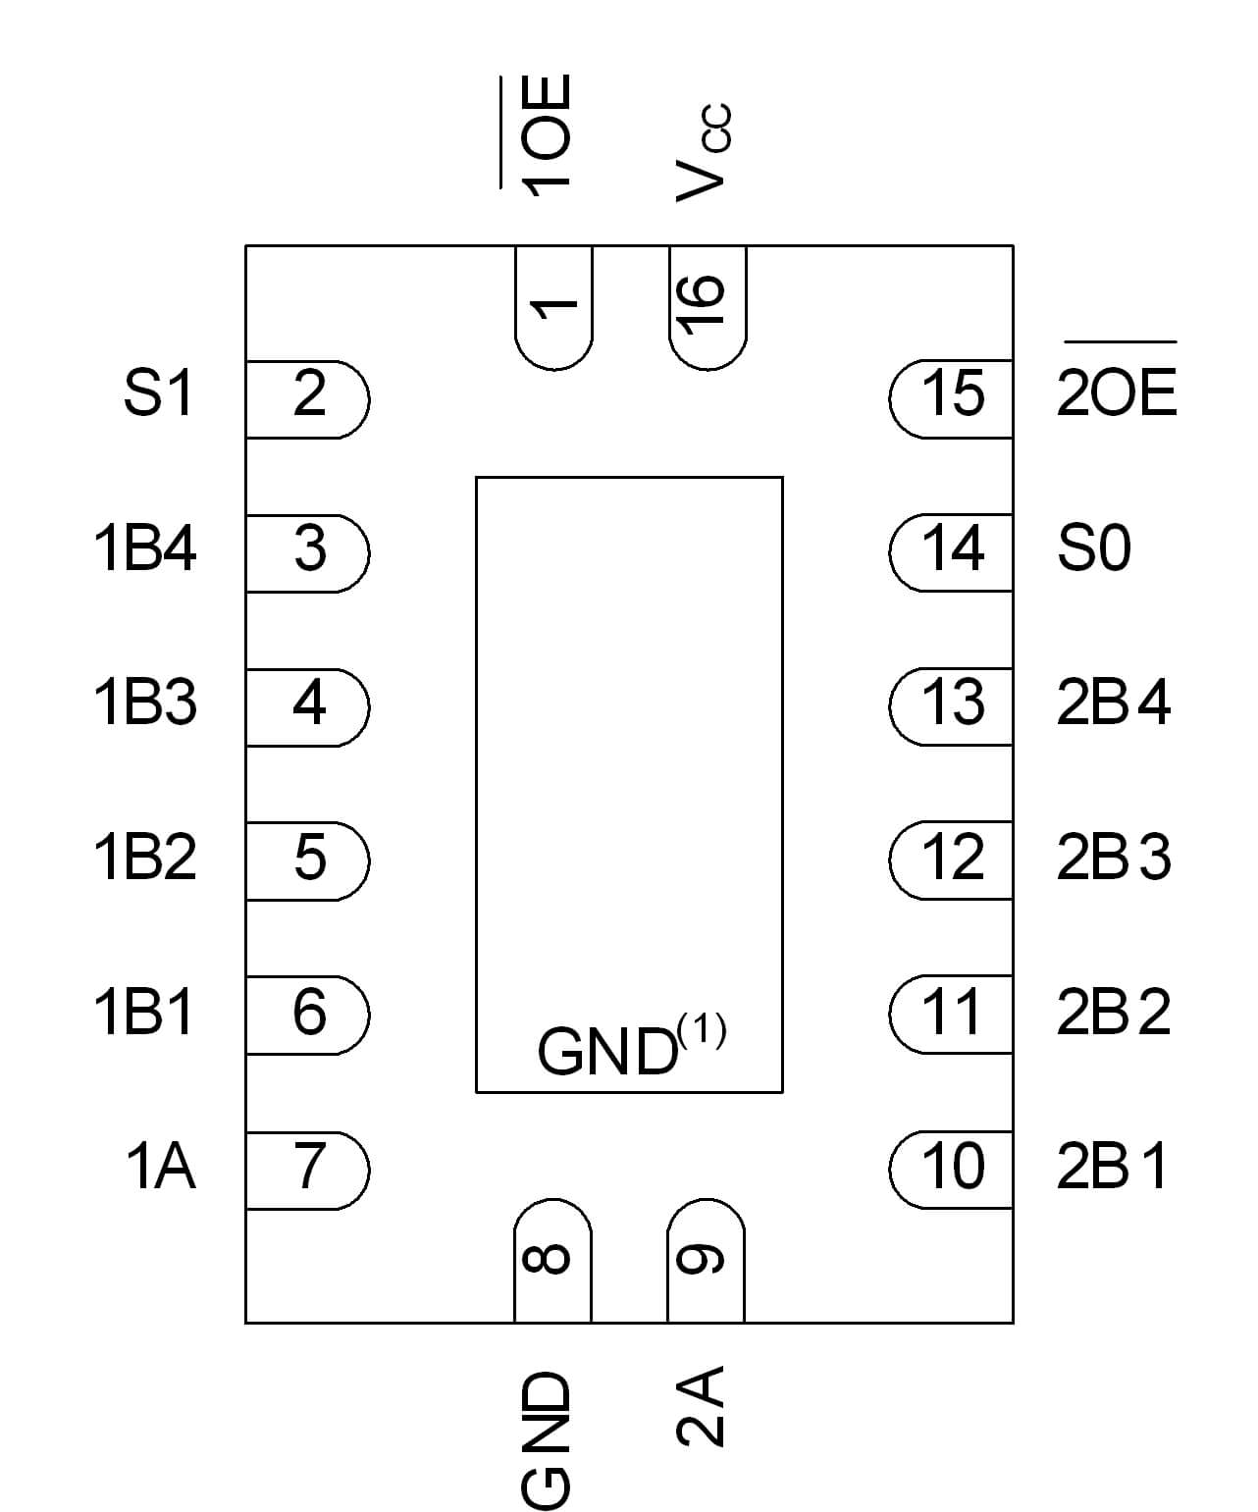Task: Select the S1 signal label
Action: pyautogui.click(x=159, y=393)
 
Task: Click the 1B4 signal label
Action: pyautogui.click(x=145, y=547)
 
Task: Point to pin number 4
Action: pyautogui.click(x=308, y=704)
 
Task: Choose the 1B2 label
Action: pyautogui.click(x=145, y=857)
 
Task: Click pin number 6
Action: pyautogui.click(x=308, y=1013)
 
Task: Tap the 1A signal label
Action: pyautogui.click(x=161, y=1167)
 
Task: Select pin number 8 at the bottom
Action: pyautogui.click(x=552, y=1260)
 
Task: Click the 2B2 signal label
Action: pyautogui.click(x=1114, y=1013)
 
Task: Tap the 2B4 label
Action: pyautogui.click(x=1114, y=704)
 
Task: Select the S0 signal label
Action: pyautogui.click(x=1094, y=547)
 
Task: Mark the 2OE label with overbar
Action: pyautogui.click(x=1117, y=391)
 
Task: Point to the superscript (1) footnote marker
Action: pyautogui.click(x=702, y=1031)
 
